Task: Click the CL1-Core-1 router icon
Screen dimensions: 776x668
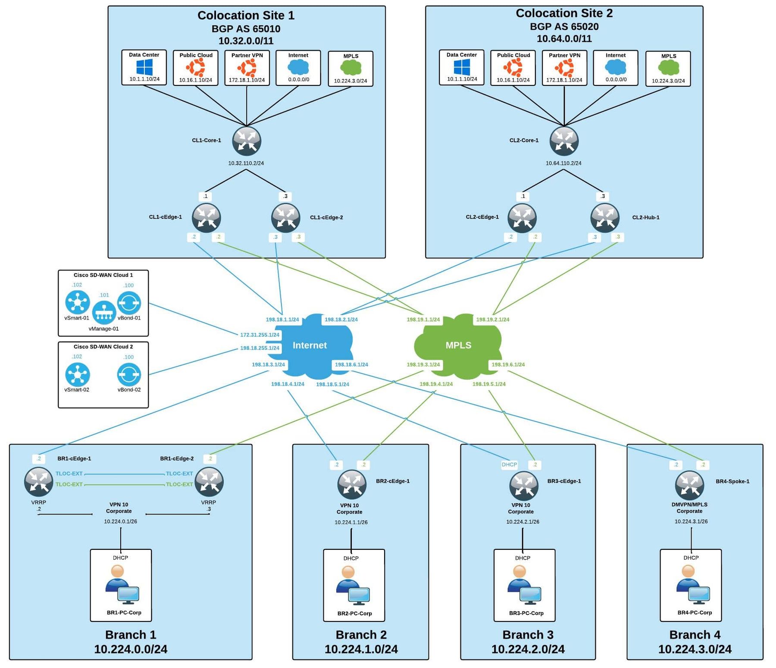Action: tap(247, 141)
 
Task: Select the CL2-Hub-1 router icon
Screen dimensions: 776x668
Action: tap(605, 218)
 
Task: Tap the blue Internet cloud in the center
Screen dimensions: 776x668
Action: tap(310, 345)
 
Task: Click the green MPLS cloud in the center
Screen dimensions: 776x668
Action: tap(458, 345)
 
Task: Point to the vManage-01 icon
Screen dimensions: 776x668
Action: tap(104, 312)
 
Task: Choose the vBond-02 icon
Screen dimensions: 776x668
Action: tap(129, 374)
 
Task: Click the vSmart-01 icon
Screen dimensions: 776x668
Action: tap(78, 302)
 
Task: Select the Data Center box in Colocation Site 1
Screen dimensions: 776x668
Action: tap(144, 67)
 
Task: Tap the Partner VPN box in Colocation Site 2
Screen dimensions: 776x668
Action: tap(564, 68)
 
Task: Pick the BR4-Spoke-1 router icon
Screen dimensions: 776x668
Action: tap(689, 485)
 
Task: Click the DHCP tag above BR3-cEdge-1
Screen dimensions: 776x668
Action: tap(509, 464)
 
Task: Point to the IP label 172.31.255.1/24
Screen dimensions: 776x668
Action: tap(260, 335)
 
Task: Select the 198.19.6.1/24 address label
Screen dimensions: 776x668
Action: tap(508, 364)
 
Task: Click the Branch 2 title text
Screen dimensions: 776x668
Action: tap(361, 635)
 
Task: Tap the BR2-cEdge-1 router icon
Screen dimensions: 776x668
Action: tap(352, 484)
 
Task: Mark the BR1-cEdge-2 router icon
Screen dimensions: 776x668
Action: tap(209, 482)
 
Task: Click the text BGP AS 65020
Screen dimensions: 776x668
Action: tap(564, 27)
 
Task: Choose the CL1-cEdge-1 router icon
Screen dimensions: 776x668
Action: tap(207, 218)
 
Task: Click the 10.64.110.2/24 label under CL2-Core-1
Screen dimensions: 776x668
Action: tap(563, 163)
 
